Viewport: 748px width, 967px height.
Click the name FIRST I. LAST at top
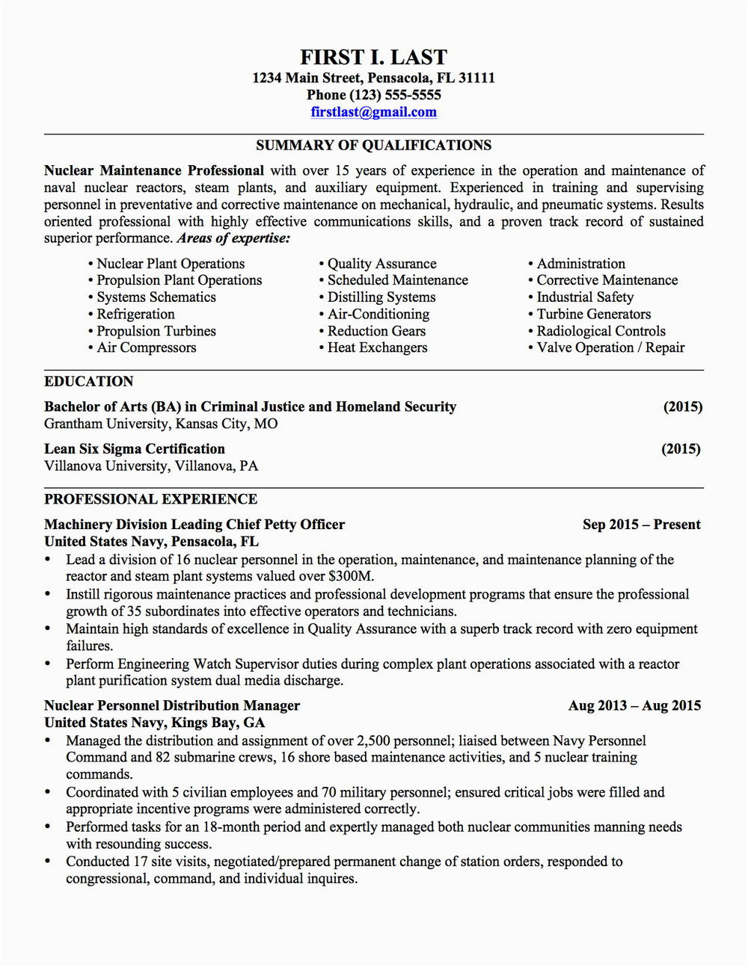[x=373, y=57]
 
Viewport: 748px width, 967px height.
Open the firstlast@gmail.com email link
[x=373, y=112]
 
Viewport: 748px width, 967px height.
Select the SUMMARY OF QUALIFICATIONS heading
[x=373, y=145]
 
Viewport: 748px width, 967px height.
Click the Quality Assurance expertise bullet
[x=381, y=264]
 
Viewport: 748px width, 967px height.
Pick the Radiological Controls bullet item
[x=601, y=331]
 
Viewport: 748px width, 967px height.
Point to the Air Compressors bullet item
[x=146, y=347]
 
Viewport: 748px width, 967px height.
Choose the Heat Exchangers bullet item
[x=377, y=347]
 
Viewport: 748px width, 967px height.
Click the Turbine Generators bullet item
[x=593, y=314]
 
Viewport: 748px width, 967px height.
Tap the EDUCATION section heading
[x=88, y=381]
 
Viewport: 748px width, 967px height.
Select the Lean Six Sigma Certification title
[x=135, y=448]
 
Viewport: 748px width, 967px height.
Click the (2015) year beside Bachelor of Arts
[x=682, y=407]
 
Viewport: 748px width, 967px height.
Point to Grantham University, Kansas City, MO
[x=161, y=424]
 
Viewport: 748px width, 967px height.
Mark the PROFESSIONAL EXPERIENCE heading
[x=150, y=498]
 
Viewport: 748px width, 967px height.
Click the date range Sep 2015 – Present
[x=641, y=524]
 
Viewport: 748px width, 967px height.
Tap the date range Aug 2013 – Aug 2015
[x=634, y=705]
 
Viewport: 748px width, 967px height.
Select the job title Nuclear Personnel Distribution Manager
[x=172, y=705]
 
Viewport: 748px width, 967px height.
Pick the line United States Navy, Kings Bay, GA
[x=154, y=722]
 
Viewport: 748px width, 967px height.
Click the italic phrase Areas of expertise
[x=233, y=238]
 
